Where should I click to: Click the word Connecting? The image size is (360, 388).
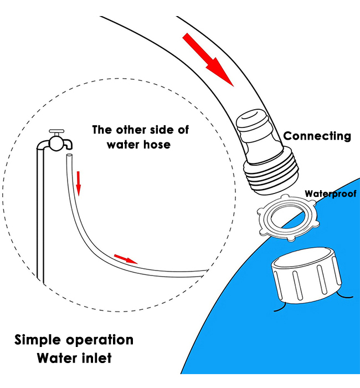tap(317, 136)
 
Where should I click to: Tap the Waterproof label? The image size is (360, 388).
tap(331, 193)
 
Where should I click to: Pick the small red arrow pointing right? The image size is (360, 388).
tap(125, 258)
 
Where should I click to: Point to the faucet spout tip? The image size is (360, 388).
tap(69, 145)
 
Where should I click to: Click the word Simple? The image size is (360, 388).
tap(37, 339)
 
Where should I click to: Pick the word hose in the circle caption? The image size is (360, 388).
tap(156, 145)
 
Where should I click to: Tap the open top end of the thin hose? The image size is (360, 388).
tap(69, 158)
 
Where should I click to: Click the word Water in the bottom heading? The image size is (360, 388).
tap(56, 358)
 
